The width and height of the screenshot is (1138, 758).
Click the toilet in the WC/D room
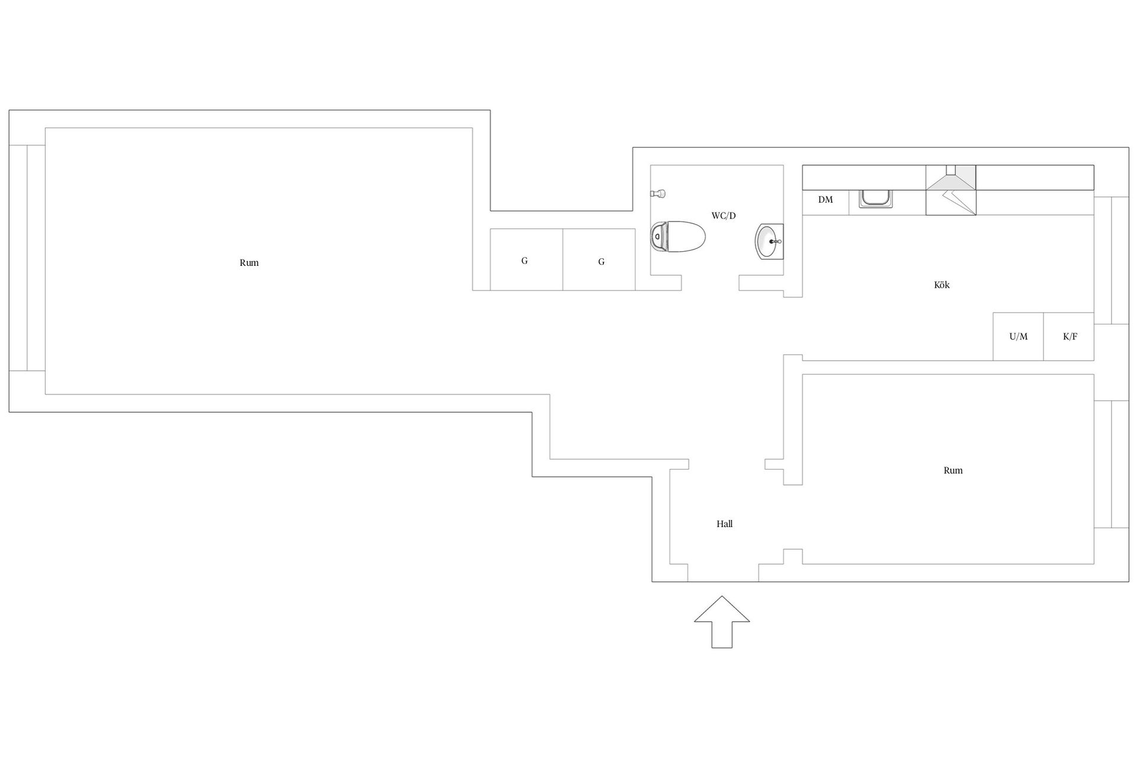677,237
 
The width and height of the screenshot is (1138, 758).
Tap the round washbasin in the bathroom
769,242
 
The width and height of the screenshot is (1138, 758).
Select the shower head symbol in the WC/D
658,193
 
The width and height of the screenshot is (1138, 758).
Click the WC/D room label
723,216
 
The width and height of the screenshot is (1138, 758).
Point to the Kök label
941,285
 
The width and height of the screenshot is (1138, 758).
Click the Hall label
724,523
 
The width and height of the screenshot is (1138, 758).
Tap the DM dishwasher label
825,200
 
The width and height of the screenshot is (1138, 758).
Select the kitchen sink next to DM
876,198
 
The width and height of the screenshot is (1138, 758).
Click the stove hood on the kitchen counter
951,190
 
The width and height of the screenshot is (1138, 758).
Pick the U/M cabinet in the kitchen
1018,336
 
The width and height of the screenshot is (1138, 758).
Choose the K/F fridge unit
1069,336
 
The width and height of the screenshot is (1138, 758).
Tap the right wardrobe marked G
599,259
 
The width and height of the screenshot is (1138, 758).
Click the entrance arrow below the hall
722,622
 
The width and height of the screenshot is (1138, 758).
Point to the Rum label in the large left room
249,262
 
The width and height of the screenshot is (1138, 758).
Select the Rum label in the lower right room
953,470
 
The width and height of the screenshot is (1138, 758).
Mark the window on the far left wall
27,258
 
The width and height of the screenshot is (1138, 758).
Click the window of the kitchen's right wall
1111,260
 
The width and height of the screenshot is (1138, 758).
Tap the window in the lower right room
1111,464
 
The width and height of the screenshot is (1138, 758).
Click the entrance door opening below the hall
723,573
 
